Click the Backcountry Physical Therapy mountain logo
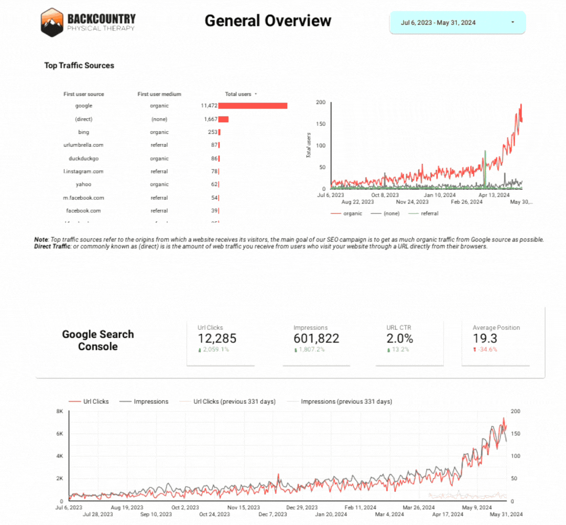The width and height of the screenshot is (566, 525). click(x=52, y=22)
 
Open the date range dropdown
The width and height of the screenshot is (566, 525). click(x=457, y=23)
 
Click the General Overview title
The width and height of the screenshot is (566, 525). click(x=268, y=20)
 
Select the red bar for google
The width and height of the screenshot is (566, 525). click(x=253, y=105)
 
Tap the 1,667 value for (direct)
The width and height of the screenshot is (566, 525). click(x=211, y=119)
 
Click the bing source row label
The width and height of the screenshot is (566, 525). click(x=83, y=132)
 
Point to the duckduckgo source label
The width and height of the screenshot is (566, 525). click(x=83, y=158)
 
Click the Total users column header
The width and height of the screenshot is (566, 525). click(x=238, y=94)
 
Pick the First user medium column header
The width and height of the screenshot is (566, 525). click(x=159, y=94)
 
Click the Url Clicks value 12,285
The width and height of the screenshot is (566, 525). click(x=217, y=339)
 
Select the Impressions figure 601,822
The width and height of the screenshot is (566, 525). click(x=316, y=339)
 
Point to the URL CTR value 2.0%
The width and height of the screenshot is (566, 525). click(x=399, y=339)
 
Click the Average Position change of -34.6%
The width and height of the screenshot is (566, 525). click(x=487, y=350)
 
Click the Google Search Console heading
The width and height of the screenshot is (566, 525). click(x=98, y=340)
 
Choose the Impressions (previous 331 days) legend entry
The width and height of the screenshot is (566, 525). click(x=346, y=402)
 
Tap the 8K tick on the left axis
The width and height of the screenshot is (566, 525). click(x=59, y=411)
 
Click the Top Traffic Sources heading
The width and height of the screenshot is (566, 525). click(x=79, y=66)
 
